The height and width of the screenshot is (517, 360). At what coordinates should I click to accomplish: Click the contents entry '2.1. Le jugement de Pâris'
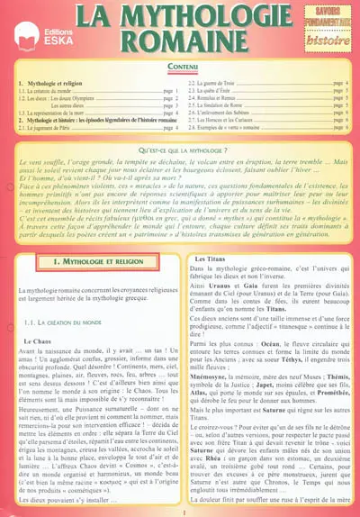[x=54, y=128]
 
